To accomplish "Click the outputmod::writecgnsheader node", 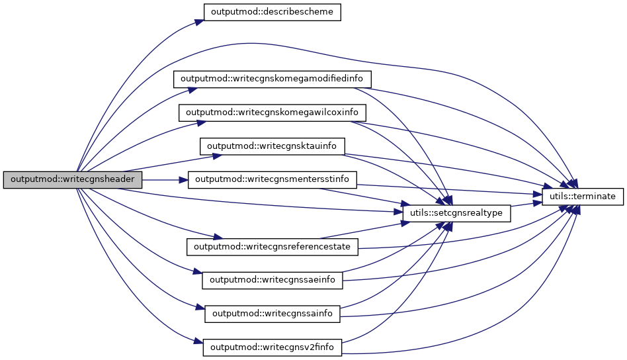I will click(73, 179).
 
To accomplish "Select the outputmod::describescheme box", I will click(271, 13).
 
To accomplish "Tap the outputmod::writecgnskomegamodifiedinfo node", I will click(272, 79).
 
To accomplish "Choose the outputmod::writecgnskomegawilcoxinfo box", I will click(272, 112).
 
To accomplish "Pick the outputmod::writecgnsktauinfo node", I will click(272, 146).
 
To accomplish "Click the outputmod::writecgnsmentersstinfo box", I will click(272, 179).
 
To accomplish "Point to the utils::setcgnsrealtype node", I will click(456, 213).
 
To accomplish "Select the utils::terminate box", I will click(583, 197).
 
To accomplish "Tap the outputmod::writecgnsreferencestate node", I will click(272, 246).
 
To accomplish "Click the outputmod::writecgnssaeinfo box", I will click(272, 280).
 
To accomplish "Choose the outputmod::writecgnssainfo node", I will click(272, 313).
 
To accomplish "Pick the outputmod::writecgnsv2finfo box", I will click(272, 347).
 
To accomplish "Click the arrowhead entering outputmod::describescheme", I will click(198, 22).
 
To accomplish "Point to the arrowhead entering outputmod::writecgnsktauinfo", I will click(216, 157).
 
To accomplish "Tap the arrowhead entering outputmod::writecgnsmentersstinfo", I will click(185, 179).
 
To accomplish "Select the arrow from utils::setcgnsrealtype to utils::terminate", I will click(526, 204).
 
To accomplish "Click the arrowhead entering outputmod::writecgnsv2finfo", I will click(198, 342).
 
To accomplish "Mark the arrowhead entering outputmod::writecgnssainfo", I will click(200, 308).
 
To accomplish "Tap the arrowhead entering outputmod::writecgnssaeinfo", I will click(197, 273).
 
